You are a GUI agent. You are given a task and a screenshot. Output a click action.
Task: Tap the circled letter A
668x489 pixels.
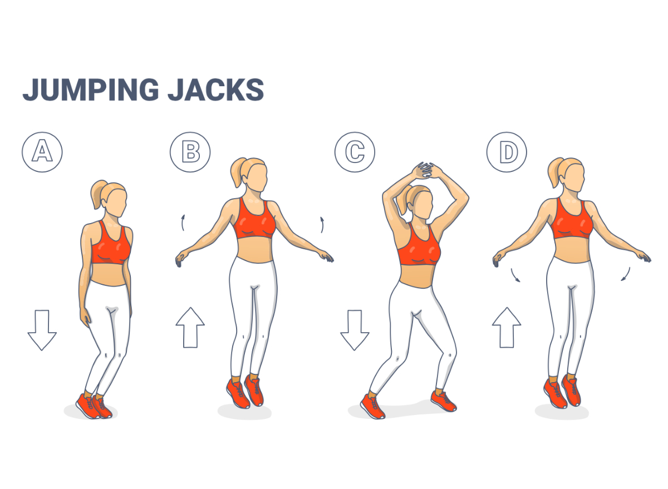point(42,151)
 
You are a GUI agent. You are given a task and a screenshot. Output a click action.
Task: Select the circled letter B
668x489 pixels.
point(190,151)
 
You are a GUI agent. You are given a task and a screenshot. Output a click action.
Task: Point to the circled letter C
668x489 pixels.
point(355,151)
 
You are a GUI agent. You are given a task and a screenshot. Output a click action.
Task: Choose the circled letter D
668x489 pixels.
point(507,151)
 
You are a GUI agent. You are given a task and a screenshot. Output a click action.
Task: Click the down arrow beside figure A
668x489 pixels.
point(42,330)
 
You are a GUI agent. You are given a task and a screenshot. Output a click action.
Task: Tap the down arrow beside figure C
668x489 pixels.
point(355,330)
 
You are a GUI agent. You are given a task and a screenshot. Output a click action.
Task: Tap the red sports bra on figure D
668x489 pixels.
point(572,221)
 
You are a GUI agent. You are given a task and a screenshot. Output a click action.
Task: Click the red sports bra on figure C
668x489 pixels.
point(419,248)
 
